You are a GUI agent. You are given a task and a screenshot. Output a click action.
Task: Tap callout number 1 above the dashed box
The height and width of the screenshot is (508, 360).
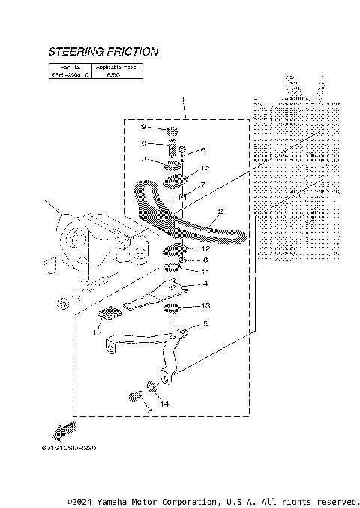click(182, 99)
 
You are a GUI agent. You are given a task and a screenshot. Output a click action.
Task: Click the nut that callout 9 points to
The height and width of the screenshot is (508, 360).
click(172, 131)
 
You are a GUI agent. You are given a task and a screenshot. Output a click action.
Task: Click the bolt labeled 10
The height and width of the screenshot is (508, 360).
click(170, 144)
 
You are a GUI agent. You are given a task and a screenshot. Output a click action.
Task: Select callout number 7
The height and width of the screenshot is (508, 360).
click(202, 185)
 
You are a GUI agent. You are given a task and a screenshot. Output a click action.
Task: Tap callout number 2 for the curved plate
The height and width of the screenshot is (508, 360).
click(220, 212)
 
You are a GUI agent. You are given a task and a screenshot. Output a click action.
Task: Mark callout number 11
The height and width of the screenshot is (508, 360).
click(205, 272)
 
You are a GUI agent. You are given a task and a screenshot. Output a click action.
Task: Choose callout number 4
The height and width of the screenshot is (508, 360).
click(204, 285)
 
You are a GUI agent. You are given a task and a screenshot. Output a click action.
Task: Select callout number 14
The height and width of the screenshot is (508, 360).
click(163, 404)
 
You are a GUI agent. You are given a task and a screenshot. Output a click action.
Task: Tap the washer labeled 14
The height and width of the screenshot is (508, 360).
click(153, 386)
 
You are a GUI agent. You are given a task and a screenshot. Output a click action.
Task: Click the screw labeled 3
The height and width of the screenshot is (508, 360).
click(136, 396)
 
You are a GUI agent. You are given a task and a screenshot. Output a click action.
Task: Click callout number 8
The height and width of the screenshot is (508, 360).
click(205, 260)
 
